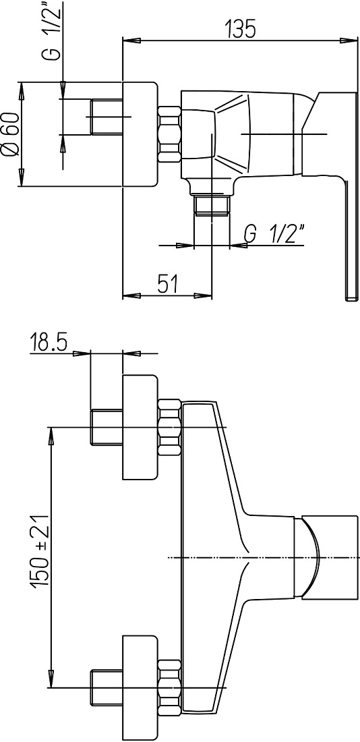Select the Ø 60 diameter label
[x=10, y=136]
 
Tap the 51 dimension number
[x=167, y=285]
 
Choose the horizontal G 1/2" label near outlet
[x=275, y=234]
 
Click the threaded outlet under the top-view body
[x=212, y=204]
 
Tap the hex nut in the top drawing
[x=169, y=136]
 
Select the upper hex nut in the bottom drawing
[x=169, y=428]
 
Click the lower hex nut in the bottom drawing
[x=169, y=689]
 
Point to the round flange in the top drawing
[x=140, y=134]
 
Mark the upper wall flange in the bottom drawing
[x=140, y=428]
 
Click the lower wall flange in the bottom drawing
[x=140, y=687]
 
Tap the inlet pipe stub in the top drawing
[x=106, y=117]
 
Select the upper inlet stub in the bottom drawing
[x=107, y=427]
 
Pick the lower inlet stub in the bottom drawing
[x=107, y=687]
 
